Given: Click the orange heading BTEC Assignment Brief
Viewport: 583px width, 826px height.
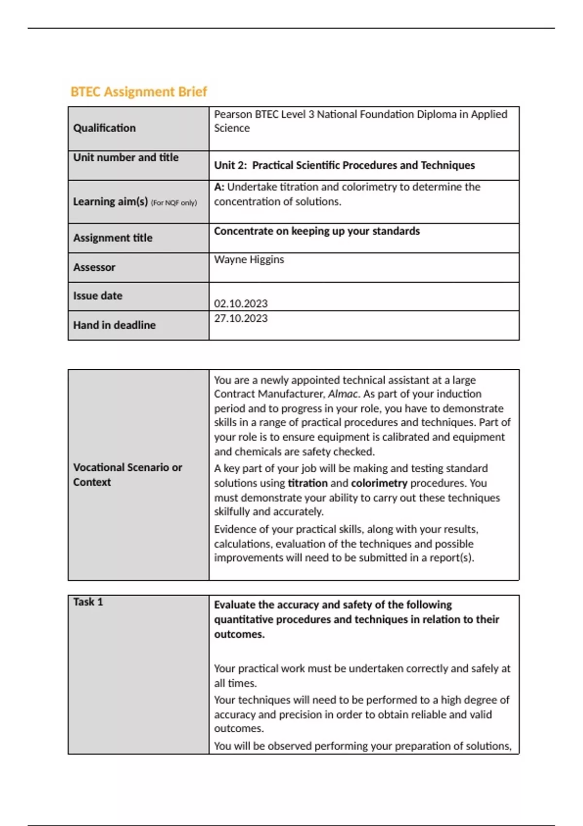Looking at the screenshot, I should click(x=138, y=92).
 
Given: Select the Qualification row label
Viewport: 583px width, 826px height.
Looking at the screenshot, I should click(x=104, y=128).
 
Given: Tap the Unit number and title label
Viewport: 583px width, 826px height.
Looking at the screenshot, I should click(x=126, y=157).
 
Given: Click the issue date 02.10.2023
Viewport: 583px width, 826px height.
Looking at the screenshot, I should click(x=240, y=304).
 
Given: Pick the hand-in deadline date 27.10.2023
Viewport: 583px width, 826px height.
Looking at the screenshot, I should click(x=240, y=318).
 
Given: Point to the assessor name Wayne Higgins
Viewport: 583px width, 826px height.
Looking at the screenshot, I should click(x=249, y=259).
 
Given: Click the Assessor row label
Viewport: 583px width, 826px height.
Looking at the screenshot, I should click(x=94, y=267).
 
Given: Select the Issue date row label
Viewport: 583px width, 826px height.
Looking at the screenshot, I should click(x=98, y=296).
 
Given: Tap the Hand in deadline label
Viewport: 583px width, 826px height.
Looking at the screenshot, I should click(x=114, y=325).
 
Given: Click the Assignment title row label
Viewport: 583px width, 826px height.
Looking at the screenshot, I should click(x=113, y=238).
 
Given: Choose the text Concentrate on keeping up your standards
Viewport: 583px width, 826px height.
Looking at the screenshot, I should click(x=317, y=231).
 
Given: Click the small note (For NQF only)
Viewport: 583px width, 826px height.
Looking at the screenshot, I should click(x=174, y=203).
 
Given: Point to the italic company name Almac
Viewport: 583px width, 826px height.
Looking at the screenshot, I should click(x=343, y=394).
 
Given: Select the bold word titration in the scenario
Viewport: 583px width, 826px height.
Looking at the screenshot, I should click(x=308, y=483).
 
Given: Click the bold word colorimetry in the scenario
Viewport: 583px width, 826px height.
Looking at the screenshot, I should click(x=379, y=483).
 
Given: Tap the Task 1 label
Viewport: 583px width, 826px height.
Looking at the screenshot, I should click(x=88, y=602).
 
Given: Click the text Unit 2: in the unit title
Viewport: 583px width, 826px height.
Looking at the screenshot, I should click(x=230, y=166).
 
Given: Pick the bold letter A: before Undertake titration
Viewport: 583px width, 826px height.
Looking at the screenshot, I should click(x=219, y=187).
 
